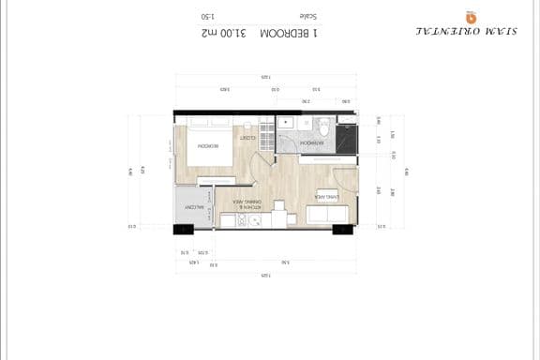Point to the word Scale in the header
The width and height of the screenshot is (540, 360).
click(x=307, y=16)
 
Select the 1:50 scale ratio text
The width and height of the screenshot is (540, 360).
click(x=207, y=16)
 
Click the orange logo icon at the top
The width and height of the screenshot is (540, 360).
click(x=471, y=17)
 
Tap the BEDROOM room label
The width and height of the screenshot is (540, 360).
click(x=207, y=146)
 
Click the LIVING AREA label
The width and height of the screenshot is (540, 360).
click(x=326, y=198)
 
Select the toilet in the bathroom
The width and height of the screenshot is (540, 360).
click(x=322, y=127)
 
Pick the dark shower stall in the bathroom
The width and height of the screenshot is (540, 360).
click(x=347, y=137)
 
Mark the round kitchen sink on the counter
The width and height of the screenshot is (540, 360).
click(x=254, y=220)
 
